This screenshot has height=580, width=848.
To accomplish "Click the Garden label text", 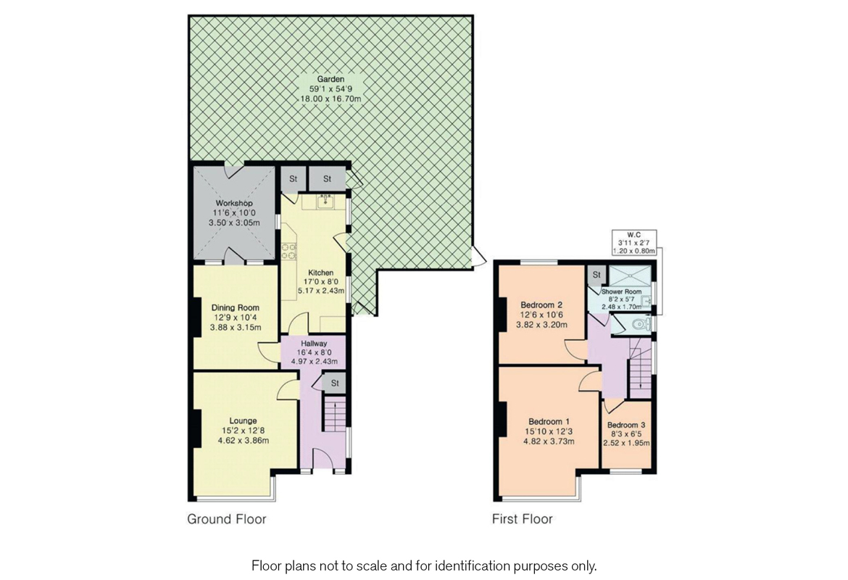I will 330,78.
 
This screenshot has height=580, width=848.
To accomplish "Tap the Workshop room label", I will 233,202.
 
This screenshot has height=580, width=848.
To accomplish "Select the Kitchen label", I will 320,273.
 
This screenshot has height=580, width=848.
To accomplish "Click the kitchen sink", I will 325,199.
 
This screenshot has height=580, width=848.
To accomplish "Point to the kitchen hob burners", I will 289,250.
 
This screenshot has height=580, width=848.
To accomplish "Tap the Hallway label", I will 315,344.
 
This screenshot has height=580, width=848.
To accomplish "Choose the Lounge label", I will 243,420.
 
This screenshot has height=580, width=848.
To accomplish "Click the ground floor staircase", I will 334,415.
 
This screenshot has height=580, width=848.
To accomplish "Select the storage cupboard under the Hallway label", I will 336,383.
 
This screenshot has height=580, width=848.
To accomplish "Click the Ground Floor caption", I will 226,519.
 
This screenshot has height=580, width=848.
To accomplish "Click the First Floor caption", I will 522,519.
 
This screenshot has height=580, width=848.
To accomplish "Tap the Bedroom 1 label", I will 549,422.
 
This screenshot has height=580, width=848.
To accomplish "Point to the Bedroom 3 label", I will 626,425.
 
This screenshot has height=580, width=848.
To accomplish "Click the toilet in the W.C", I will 639,324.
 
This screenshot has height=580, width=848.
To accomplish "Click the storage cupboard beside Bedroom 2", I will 596,275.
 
